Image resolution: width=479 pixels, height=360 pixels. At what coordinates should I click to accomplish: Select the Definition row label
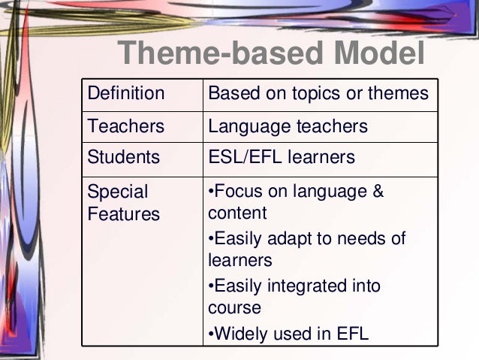[126, 95]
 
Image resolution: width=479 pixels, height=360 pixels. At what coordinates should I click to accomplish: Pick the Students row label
[124, 158]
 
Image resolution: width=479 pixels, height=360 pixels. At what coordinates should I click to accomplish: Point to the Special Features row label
[124, 203]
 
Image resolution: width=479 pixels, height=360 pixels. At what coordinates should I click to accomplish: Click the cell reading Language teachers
[288, 126]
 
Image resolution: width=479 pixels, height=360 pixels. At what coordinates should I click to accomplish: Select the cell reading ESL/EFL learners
[281, 158]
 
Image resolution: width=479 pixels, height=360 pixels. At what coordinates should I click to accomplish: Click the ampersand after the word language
[378, 192]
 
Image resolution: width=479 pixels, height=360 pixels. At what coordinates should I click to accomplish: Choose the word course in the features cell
[233, 308]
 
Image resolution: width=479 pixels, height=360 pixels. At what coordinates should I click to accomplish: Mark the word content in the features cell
[236, 213]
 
